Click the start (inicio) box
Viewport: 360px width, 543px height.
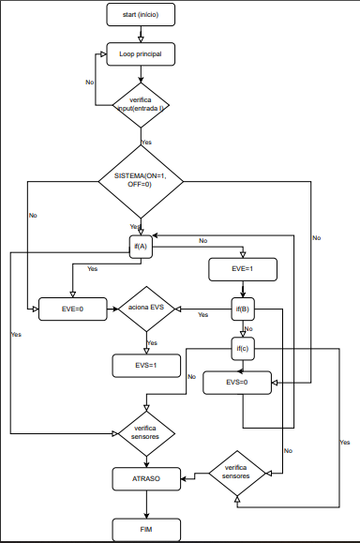(140, 16)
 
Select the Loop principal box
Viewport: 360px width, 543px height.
(140, 54)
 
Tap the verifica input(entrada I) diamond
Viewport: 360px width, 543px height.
(140, 103)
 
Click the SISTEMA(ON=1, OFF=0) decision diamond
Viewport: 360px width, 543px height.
(140, 180)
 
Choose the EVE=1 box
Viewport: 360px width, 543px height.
(242, 268)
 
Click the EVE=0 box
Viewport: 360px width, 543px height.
(73, 308)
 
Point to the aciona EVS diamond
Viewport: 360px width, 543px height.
(145, 308)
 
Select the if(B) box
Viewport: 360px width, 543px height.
(242, 308)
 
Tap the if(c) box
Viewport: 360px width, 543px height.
(242, 349)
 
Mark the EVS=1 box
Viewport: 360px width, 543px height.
(145, 364)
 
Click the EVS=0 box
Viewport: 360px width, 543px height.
(242, 382)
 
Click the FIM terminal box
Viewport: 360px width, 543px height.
(145, 530)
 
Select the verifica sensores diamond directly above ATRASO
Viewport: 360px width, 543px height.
(145, 433)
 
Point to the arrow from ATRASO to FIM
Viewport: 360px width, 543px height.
(145, 504)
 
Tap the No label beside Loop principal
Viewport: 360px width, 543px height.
(89, 83)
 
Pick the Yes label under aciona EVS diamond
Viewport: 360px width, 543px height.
(152, 343)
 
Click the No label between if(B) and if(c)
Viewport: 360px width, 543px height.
(248, 329)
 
